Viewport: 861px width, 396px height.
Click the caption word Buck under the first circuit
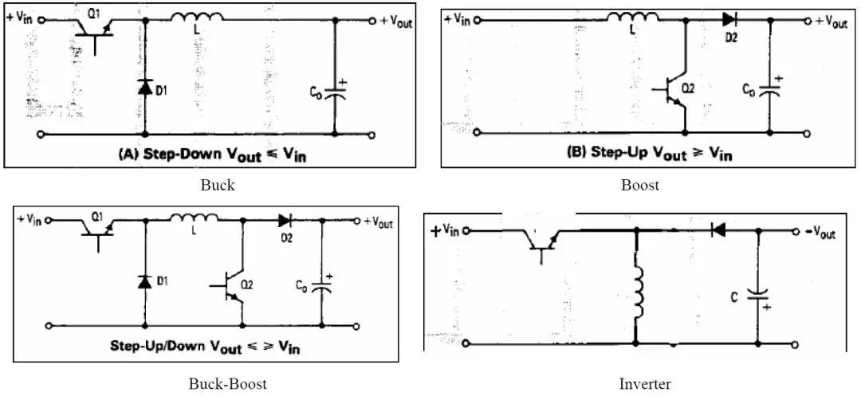[218, 185]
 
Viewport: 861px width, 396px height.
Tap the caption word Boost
[640, 185]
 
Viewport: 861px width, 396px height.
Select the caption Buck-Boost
[227, 383]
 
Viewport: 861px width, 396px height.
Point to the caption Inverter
[644, 383]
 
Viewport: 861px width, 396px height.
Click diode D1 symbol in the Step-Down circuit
[144, 88]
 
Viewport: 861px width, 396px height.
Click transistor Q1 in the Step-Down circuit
[93, 29]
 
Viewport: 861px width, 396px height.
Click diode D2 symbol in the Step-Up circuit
[729, 20]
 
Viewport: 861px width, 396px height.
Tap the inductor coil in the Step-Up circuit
[634, 18]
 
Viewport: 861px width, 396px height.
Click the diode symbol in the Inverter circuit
[717, 230]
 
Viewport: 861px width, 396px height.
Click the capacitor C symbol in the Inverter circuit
[757, 295]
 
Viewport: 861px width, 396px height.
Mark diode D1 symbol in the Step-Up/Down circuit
[144, 280]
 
